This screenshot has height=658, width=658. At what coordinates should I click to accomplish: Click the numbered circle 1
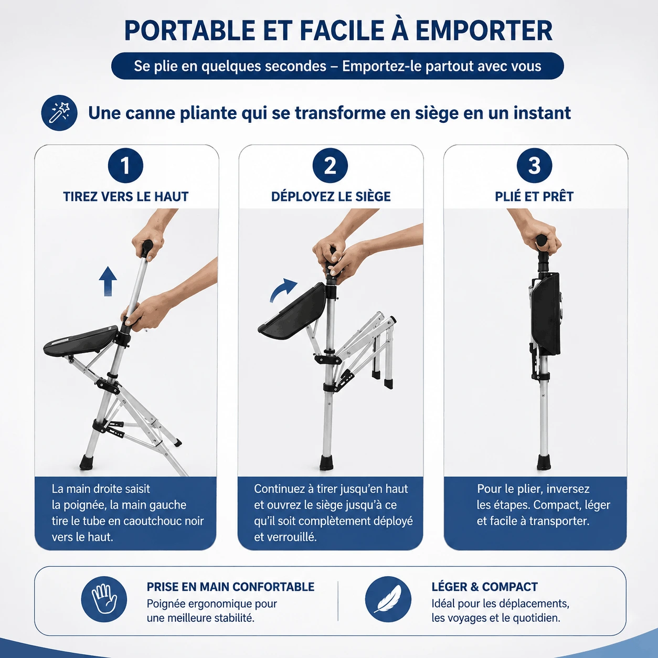pos(125,166)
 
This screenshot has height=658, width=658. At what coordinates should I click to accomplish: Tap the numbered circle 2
pos(330,166)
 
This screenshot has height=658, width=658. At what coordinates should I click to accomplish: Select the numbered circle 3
pos(534,166)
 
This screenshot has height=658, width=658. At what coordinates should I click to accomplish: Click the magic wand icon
pos(59,113)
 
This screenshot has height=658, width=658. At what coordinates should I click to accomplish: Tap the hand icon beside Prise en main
pos(104,599)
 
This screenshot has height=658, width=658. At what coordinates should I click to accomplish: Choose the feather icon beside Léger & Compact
pos(388,599)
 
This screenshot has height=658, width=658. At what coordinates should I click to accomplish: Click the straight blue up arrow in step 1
pos(108,281)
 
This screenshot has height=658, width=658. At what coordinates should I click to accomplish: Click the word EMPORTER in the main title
pos(483,31)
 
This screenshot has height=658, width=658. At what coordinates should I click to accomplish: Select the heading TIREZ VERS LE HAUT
pos(125,197)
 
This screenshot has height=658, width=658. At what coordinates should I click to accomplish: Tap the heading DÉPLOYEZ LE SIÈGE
pos(331,197)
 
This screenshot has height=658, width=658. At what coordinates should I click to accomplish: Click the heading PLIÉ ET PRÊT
pos(534,197)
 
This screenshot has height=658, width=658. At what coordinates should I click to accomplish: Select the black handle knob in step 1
pos(147,249)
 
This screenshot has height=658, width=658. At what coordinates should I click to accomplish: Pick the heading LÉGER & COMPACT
pos(484,587)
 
